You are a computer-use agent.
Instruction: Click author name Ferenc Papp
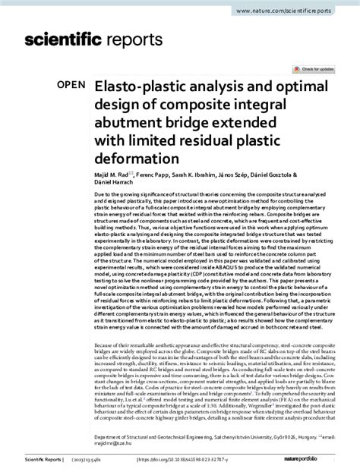pyautogui.click(x=159, y=176)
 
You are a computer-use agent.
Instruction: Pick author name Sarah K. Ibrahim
pyautogui.click(x=208, y=176)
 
